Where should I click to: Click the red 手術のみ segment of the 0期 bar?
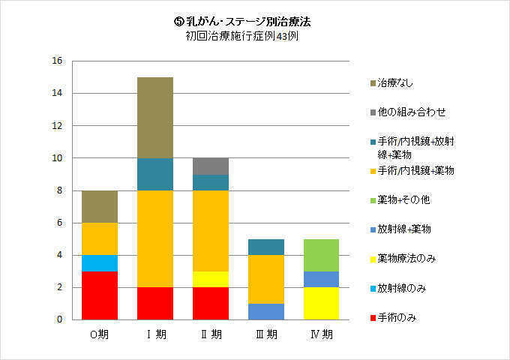pyautogui.click(x=100, y=295)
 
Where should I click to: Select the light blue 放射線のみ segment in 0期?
pyautogui.click(x=100, y=263)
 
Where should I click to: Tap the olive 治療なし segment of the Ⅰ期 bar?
pyautogui.click(x=155, y=118)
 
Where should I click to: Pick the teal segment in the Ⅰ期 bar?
pyautogui.click(x=155, y=174)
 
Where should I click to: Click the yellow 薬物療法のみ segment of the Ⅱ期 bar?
pyautogui.click(x=211, y=280)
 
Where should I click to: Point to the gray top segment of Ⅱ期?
pyautogui.click(x=211, y=166)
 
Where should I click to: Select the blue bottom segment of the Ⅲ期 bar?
pyautogui.click(x=265, y=311)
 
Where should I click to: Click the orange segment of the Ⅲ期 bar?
pyautogui.click(x=265, y=279)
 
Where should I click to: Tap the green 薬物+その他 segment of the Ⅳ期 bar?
pyautogui.click(x=321, y=255)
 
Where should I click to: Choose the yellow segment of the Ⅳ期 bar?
pyautogui.click(x=321, y=304)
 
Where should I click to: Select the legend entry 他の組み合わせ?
pyautogui.click(x=412, y=112)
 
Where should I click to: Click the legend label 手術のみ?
pyautogui.click(x=397, y=317)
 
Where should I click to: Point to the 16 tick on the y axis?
pyautogui.click(x=57, y=61)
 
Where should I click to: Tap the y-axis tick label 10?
pyautogui.click(x=57, y=158)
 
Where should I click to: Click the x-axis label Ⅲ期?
pyautogui.click(x=265, y=334)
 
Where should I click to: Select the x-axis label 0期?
pyautogui.click(x=100, y=334)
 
